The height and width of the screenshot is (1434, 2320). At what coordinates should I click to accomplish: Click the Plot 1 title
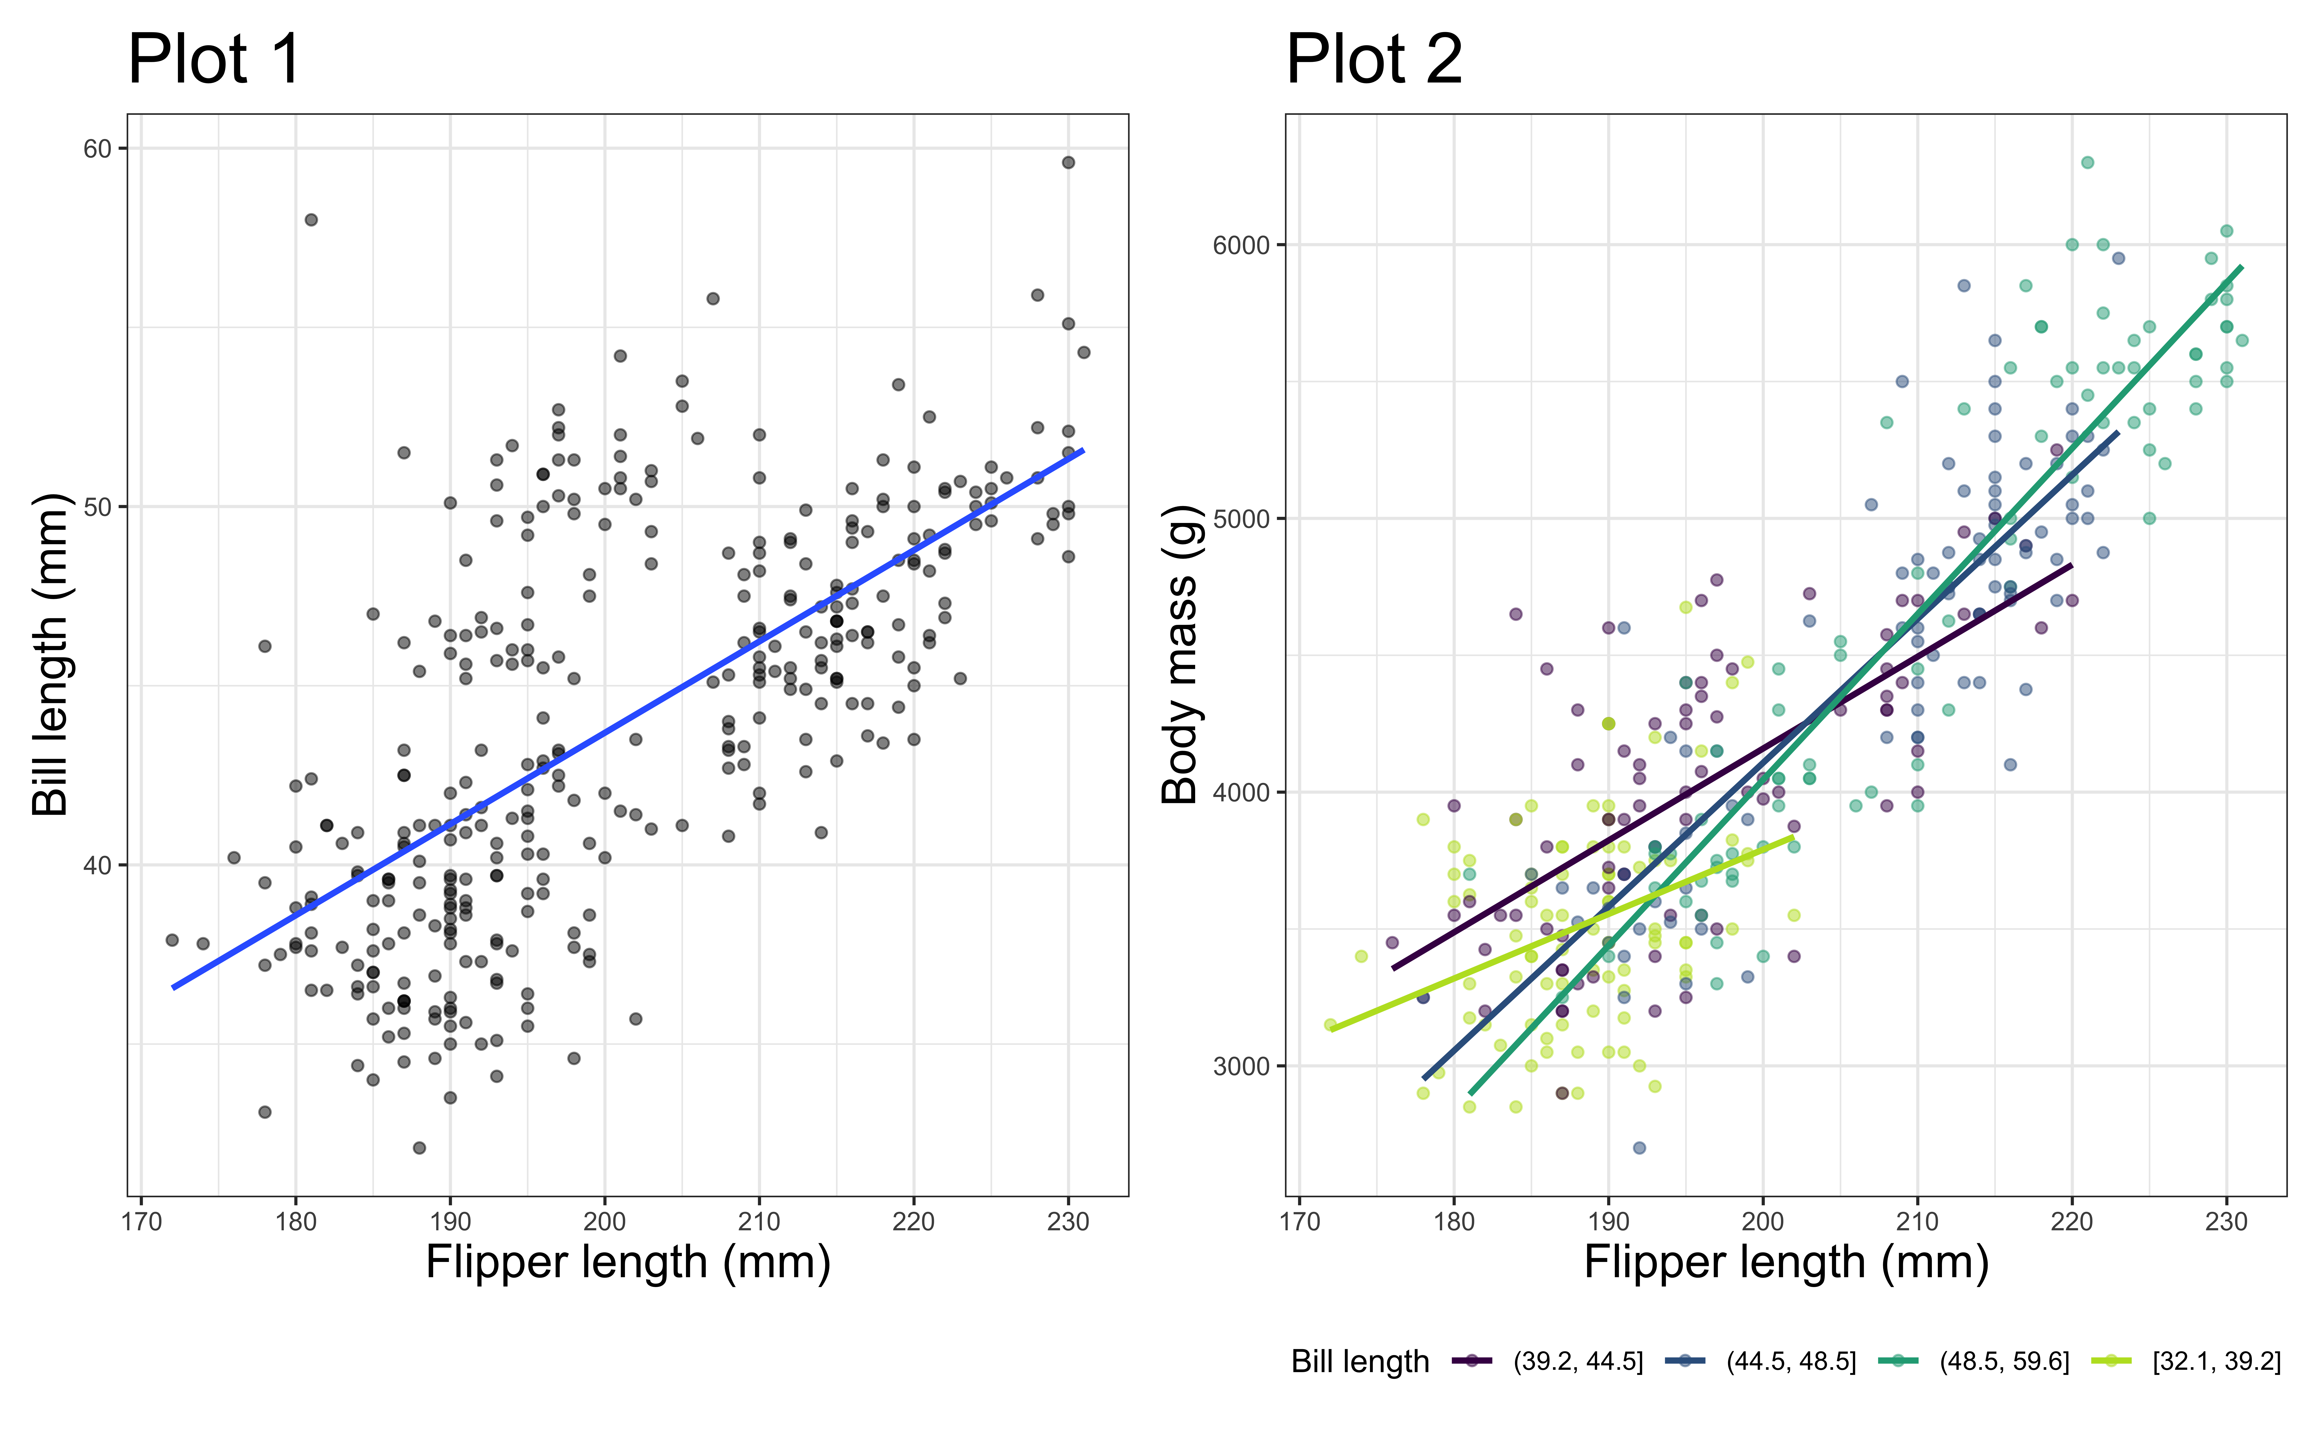(x=214, y=60)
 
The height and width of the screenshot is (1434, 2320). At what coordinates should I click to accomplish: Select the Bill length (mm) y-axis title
(x=50, y=654)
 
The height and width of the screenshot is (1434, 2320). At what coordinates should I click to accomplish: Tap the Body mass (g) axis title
(x=1180, y=654)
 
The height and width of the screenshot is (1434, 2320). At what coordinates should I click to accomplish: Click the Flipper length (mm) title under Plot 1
(x=628, y=1262)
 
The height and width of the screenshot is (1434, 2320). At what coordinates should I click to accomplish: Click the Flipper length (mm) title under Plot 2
(x=1786, y=1262)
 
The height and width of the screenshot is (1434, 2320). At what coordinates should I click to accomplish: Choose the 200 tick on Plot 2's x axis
(x=1762, y=1222)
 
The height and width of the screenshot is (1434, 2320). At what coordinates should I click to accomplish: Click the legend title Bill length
(x=1360, y=1362)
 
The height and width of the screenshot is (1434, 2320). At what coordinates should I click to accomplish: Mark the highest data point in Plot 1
(x=1069, y=162)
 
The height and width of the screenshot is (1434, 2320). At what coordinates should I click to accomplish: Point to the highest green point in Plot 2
(x=2087, y=162)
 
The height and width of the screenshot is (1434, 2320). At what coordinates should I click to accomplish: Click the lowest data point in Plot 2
(x=1639, y=1148)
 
